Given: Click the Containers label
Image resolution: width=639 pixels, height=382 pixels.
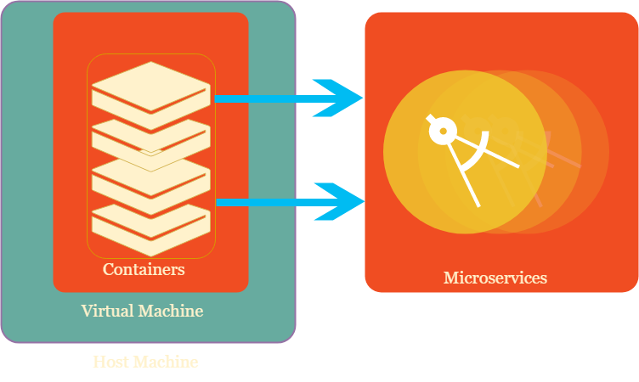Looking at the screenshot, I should pos(144,269).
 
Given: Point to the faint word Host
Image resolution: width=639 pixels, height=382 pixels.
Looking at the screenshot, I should pos(110,362).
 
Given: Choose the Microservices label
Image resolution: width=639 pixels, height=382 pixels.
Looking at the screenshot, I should pos(495,278).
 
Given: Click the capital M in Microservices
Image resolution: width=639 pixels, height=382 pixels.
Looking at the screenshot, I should pos(450,278).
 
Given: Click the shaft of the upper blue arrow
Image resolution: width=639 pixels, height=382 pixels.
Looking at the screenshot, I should pos(263,98).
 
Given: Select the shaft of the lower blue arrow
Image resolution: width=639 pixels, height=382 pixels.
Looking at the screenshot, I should pos(263,202).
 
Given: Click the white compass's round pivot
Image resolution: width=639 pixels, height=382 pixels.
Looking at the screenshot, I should pos(441,132).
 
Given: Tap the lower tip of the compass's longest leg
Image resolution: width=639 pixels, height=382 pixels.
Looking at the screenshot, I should pos(478,205).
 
